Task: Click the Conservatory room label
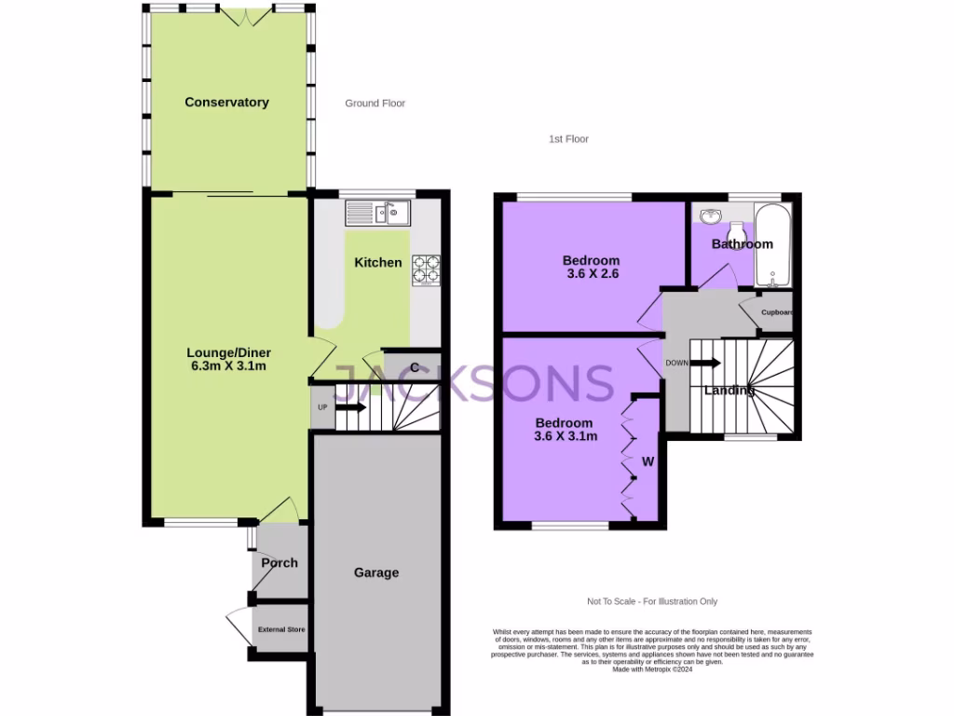tap(226, 103)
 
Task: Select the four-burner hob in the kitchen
tap(426, 268)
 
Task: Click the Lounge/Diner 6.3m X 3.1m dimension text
tap(227, 366)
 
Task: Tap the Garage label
tap(375, 572)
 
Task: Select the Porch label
tap(279, 563)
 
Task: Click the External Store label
tap(281, 629)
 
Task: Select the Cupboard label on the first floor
tap(776, 312)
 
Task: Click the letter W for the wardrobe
tap(647, 461)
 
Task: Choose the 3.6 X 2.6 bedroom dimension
tap(593, 274)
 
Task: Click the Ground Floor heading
tap(375, 103)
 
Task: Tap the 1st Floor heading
tap(568, 139)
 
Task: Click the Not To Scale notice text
tap(652, 601)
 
